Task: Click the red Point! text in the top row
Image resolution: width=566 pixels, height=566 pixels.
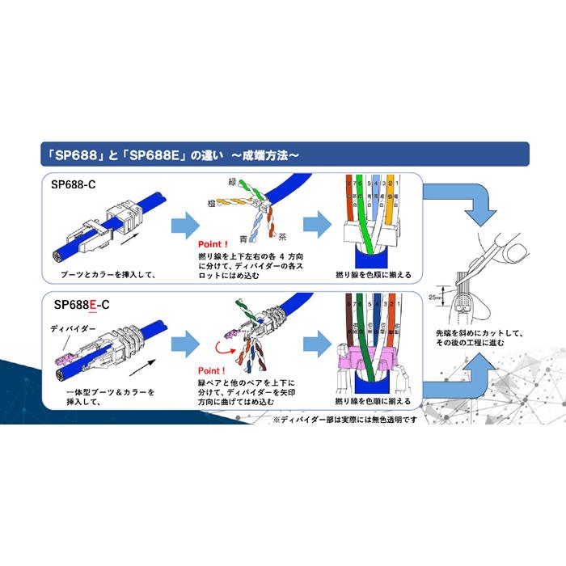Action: [213, 243]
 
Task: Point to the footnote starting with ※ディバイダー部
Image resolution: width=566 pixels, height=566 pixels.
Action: [344, 420]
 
